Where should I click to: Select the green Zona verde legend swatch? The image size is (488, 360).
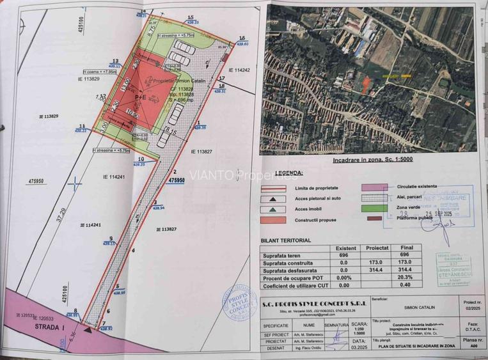[x=375, y=208]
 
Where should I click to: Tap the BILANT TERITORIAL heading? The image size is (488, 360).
[x=286, y=240]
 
